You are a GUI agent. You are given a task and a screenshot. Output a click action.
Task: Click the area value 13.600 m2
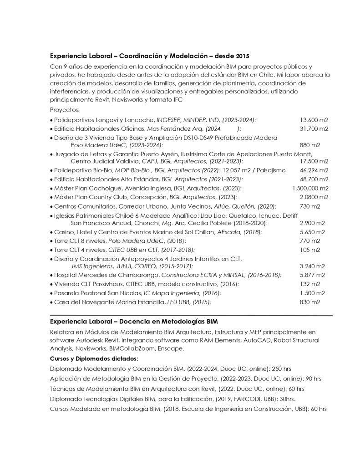pyautogui.click(x=314, y=120)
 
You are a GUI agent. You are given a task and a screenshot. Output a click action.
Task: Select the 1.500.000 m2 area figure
pyautogui.click(x=310, y=188)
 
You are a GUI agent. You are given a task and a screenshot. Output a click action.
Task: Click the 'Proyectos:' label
pyautogui.click(x=65, y=110)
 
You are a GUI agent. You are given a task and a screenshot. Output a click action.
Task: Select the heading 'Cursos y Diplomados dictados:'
pyautogui.click(x=91, y=358)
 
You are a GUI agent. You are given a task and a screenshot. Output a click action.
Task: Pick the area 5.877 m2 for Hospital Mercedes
pyautogui.click(x=312, y=275)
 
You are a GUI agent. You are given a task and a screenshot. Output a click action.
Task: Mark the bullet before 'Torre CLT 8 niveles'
pyautogui.click(x=51, y=241)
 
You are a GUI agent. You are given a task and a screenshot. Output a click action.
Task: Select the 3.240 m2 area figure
pyautogui.click(x=312, y=266)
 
